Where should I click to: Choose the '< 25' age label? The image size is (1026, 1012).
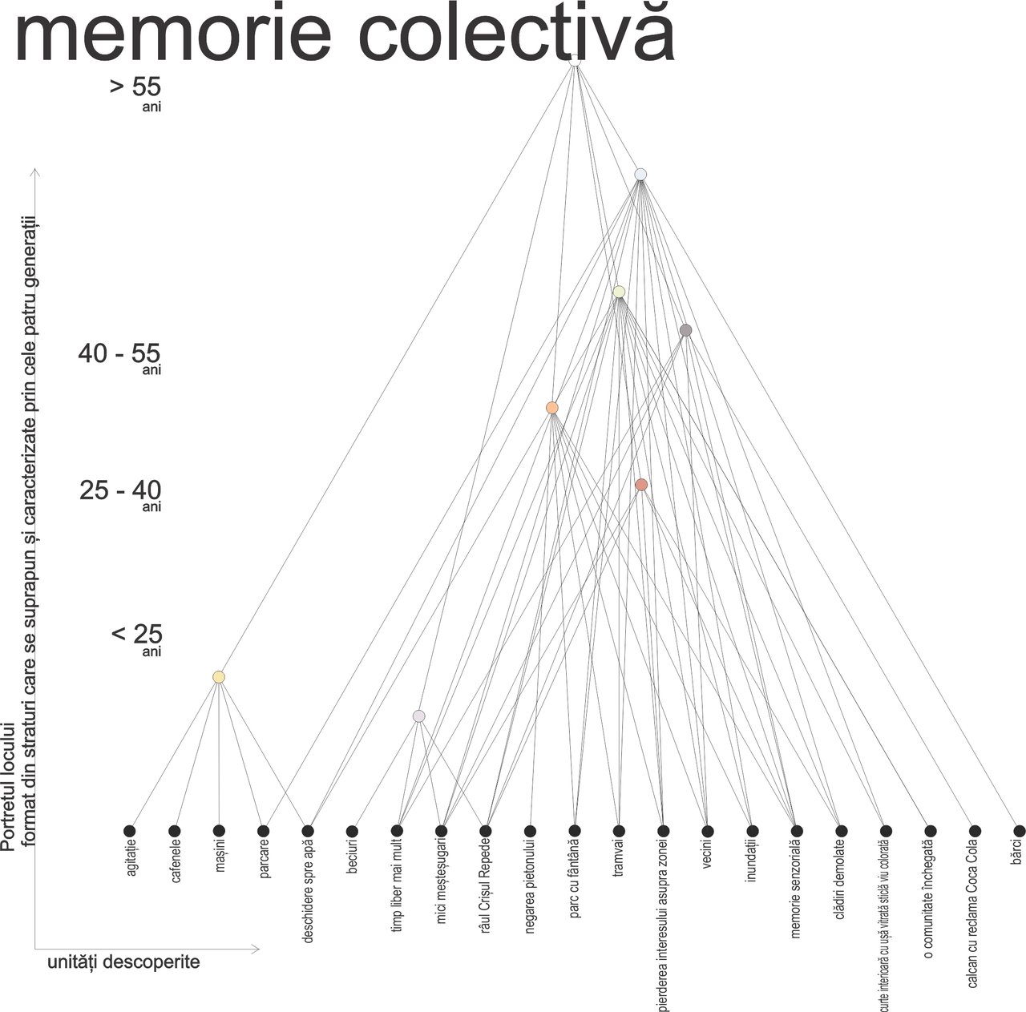point(136,635)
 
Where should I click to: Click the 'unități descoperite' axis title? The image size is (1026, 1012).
point(123,962)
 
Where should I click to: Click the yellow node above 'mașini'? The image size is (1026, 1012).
point(219,677)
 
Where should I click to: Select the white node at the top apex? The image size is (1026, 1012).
point(575,59)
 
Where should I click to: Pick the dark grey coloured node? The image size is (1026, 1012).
point(685,330)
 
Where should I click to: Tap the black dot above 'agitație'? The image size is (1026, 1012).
point(130,831)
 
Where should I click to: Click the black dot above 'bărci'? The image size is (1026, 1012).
point(1019,831)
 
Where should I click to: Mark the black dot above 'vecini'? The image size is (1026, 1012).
point(707,831)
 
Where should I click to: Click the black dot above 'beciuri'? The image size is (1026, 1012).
point(352,831)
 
